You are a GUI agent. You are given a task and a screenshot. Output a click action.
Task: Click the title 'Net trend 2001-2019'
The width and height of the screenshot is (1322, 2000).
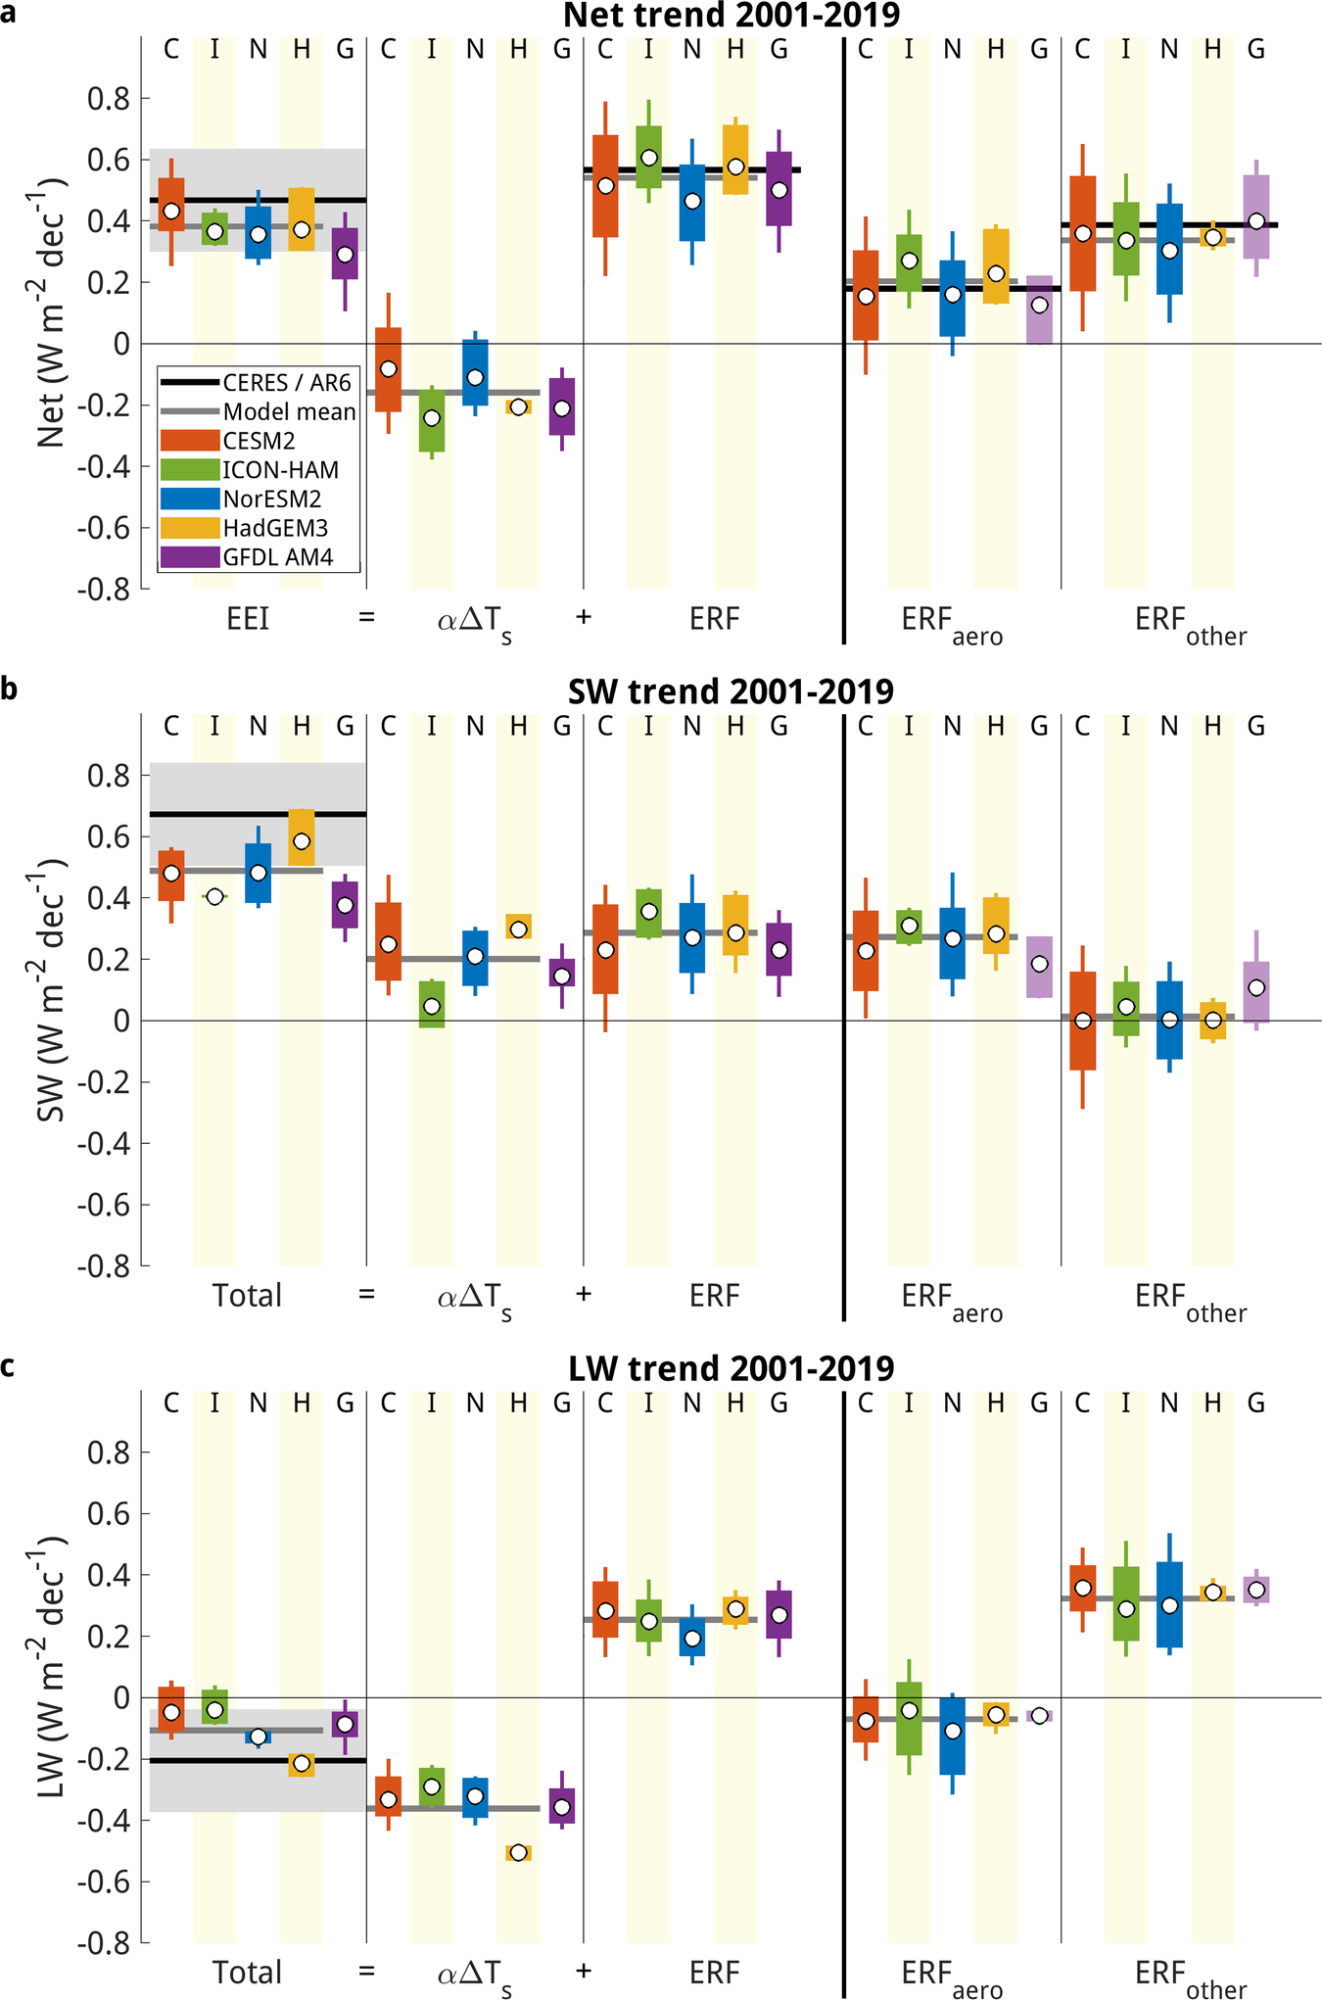pos(732,16)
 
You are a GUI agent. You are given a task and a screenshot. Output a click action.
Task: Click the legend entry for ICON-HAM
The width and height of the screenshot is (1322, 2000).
pos(280,470)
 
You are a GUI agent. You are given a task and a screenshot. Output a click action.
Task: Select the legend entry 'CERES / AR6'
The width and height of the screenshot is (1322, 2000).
pos(287,383)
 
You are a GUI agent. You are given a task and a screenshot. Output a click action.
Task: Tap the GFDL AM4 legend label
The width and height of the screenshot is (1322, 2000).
pos(278,557)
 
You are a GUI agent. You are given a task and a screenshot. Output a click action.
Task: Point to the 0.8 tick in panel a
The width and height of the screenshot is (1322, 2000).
pos(107,98)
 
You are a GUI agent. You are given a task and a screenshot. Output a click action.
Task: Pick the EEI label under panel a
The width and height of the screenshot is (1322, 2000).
pos(247,619)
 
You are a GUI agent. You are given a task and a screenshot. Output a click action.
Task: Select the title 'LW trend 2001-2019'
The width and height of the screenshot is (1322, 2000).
pos(732,1368)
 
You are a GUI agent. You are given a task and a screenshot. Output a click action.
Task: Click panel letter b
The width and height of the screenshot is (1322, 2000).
pos(9,689)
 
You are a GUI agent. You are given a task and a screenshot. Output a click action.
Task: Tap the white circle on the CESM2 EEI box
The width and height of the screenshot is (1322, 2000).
pos(171,211)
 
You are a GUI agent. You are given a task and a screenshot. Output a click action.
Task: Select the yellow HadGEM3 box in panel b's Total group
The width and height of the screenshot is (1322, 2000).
pos(302,837)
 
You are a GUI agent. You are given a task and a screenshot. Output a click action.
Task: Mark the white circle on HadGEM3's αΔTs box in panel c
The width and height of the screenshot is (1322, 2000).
pos(518,1852)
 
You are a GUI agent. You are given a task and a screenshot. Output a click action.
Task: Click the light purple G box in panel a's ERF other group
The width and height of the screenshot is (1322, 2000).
pos(1256,217)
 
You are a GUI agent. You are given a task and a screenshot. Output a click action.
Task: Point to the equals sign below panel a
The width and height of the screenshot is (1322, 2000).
pos(366,618)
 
